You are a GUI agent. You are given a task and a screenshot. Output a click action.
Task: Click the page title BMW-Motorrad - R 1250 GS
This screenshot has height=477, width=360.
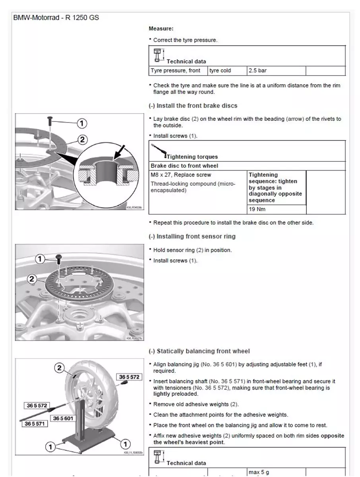point(56,18)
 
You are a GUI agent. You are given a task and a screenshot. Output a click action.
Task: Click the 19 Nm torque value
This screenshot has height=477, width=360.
point(257,209)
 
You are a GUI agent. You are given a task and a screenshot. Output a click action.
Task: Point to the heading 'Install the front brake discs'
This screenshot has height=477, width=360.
point(193,106)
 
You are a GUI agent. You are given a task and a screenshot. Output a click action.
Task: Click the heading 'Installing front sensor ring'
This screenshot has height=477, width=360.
point(192,237)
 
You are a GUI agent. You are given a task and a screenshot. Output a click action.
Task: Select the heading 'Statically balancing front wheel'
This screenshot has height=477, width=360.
point(199,351)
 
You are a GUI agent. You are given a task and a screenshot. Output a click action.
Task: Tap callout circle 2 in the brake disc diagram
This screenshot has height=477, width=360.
point(82,140)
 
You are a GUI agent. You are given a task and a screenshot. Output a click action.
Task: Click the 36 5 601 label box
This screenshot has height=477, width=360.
point(63,418)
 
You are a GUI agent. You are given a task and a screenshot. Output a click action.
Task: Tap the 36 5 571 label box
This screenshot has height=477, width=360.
point(35,424)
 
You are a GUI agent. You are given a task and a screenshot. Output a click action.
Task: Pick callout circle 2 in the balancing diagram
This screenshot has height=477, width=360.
point(59,368)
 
